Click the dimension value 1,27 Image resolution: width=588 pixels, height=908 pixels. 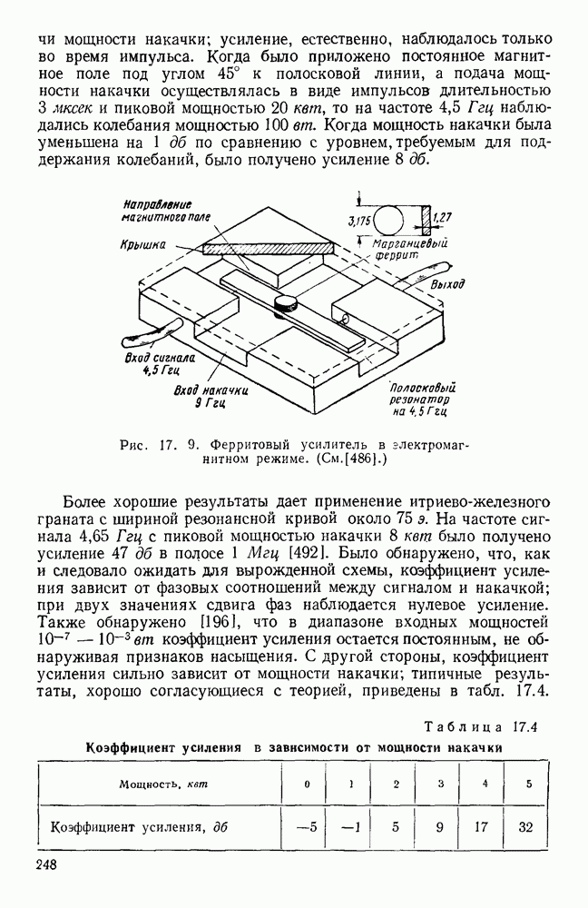[444, 217]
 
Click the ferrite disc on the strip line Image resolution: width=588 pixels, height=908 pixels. [287, 301]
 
